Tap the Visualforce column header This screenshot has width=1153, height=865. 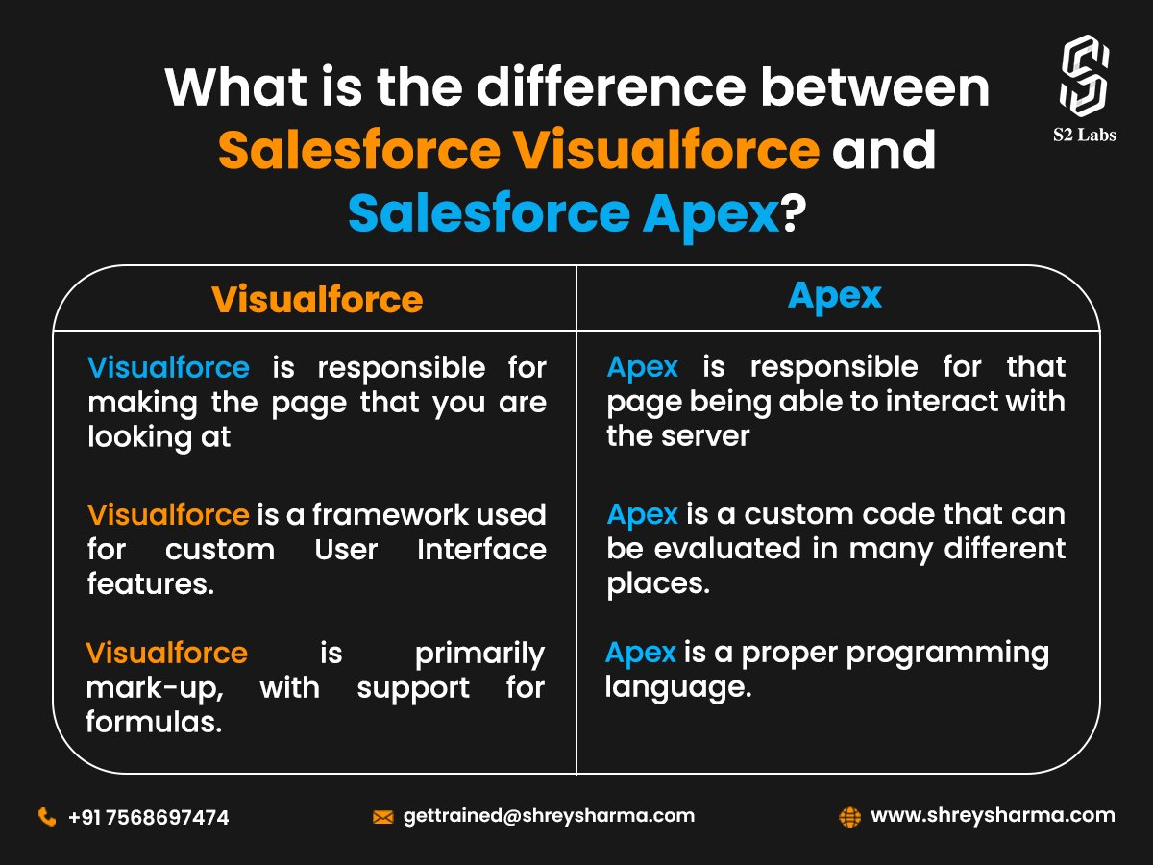tap(317, 300)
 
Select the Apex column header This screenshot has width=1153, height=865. tap(834, 296)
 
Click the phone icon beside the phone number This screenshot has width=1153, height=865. tap(46, 817)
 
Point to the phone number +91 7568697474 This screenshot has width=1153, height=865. tap(149, 818)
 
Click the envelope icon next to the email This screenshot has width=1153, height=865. tap(382, 817)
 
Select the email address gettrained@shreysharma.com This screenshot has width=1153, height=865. tap(549, 816)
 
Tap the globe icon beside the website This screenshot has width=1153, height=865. tap(849, 817)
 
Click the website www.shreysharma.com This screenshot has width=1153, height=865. tap(993, 816)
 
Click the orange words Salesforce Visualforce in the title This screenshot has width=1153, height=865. tap(519, 150)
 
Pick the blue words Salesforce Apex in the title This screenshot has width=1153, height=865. tap(563, 213)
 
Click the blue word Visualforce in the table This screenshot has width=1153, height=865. tap(168, 367)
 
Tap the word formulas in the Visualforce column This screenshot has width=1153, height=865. tap(154, 723)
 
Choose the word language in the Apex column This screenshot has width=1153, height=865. tap(676, 688)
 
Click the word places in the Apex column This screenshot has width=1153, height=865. tap(657, 583)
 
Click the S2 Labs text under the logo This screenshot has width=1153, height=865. tap(1083, 135)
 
